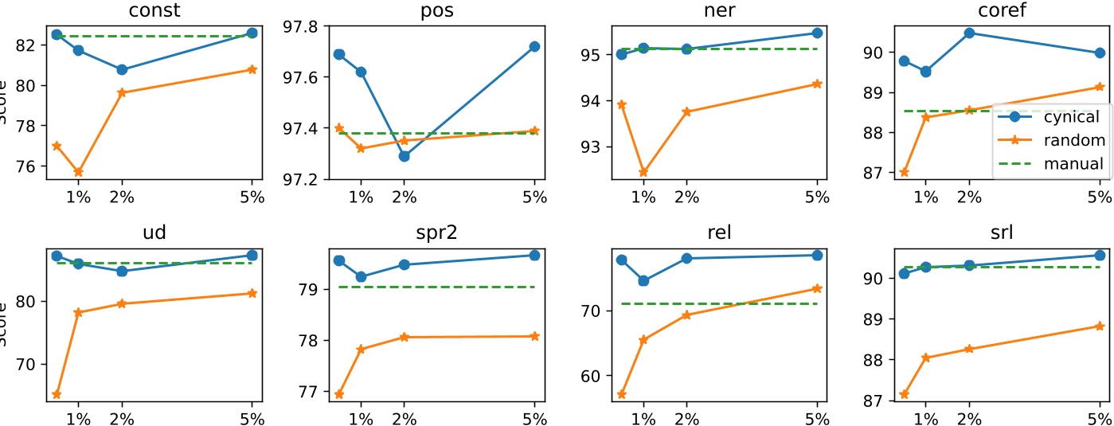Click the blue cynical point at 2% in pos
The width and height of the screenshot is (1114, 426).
click(x=405, y=156)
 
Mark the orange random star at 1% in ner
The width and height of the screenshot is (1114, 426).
click(x=643, y=172)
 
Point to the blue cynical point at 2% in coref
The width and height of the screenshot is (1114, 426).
click(x=969, y=33)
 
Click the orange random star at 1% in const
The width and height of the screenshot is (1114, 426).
click(x=78, y=172)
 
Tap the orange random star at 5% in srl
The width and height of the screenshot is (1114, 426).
click(x=1100, y=326)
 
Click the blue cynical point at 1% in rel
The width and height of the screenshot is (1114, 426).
click(x=643, y=280)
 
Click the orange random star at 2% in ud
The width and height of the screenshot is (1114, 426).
click(x=122, y=303)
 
